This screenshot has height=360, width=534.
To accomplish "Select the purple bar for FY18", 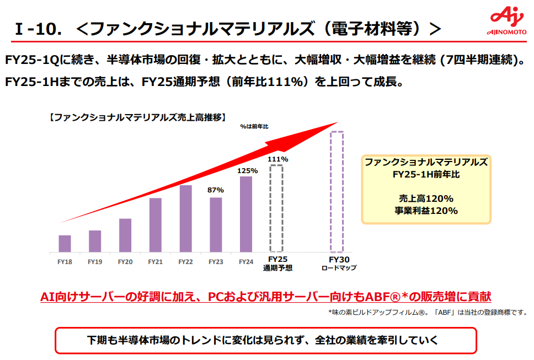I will coord(65,243).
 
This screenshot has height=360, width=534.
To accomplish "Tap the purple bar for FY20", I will coord(125,235).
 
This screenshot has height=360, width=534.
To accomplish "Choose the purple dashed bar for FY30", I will coord(337,192).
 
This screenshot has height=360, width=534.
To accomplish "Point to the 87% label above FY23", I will coord(216,190).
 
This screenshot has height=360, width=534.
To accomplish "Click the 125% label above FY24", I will coord(246,171).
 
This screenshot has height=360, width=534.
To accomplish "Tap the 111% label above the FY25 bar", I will coord(277,159).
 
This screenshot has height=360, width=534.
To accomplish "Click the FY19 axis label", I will coord(95,261).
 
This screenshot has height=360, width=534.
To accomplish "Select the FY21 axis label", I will coord(156,261).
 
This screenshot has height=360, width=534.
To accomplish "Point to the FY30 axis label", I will coord(337,259).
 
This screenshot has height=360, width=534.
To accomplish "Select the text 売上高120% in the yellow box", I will coord(426,198).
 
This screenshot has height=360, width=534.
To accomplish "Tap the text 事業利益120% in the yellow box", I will coord(426,210).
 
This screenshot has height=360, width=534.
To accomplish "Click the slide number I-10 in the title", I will coord(37,30).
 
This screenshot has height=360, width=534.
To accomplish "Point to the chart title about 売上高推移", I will coord(137,117).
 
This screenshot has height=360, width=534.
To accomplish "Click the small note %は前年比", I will coord(254,126).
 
